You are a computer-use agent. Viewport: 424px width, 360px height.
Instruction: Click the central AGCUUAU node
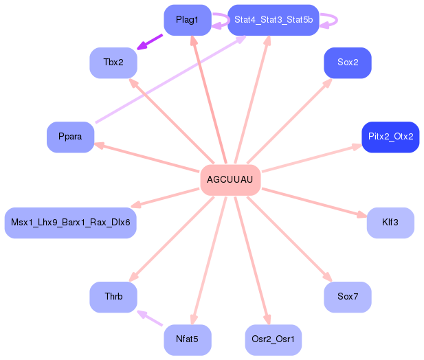[230, 180]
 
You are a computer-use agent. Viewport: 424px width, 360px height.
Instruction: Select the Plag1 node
[188, 20]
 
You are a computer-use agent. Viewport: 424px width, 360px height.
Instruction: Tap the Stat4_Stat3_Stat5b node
[274, 20]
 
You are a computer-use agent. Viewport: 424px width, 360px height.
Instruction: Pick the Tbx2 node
[113, 63]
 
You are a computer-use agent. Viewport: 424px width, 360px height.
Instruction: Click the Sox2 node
[348, 63]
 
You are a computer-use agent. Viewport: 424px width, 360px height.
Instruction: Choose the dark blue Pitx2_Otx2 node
[390, 137]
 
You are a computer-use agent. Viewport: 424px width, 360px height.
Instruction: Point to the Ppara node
[70, 137]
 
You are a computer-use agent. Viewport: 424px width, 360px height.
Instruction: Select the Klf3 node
[390, 223]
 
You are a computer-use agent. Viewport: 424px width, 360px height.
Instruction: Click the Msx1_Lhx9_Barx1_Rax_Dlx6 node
[70, 223]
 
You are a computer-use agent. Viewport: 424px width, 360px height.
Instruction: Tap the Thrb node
[113, 297]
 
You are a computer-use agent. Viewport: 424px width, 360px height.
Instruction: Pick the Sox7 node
[348, 297]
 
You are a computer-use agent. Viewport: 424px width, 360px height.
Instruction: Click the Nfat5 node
[188, 339]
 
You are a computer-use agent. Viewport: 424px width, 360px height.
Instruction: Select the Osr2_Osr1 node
[274, 339]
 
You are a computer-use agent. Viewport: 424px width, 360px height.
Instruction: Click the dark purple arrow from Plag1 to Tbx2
[150, 42]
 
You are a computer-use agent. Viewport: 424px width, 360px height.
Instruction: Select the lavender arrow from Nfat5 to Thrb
[150, 318]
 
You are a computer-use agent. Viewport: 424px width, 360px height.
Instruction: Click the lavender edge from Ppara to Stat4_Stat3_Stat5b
[170, 79]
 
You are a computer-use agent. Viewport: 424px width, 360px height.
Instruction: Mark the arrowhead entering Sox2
[328, 82]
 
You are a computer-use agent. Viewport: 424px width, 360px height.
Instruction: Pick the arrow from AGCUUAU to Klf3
[315, 203]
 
